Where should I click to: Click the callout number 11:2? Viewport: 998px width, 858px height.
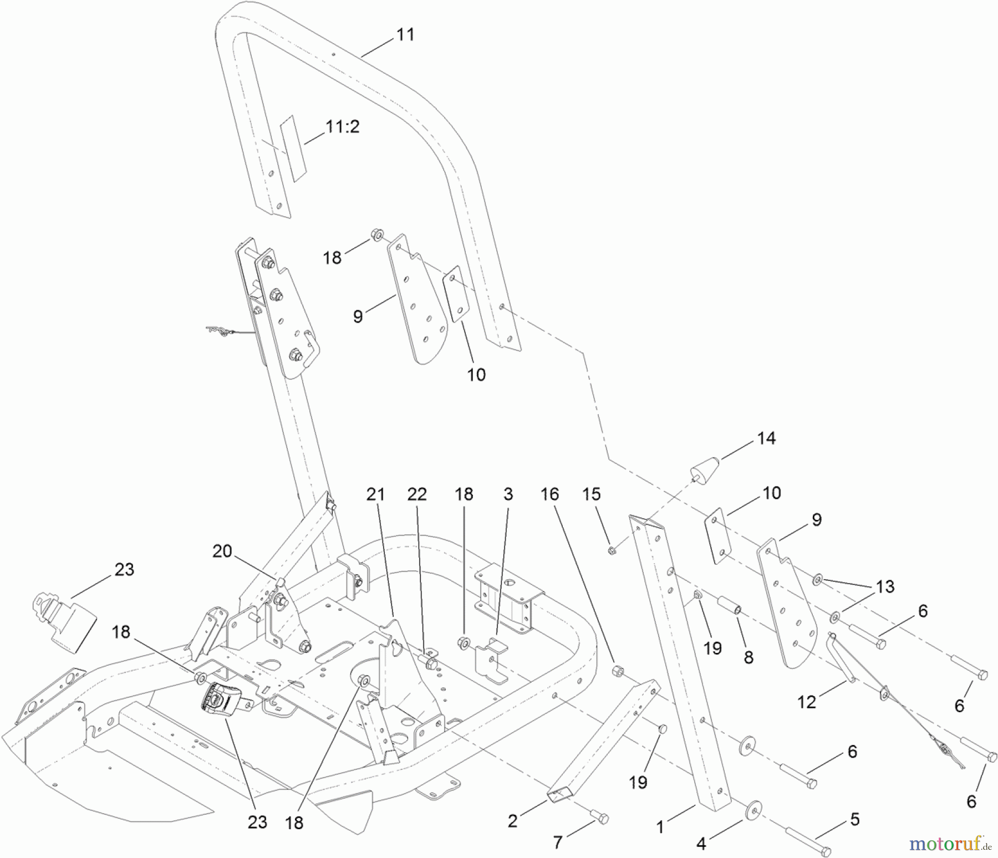[342, 126]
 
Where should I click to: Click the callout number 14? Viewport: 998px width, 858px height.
[766, 438]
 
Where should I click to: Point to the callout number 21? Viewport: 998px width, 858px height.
[375, 494]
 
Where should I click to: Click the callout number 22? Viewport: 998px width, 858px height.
[417, 494]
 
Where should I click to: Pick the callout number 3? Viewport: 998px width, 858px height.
[508, 494]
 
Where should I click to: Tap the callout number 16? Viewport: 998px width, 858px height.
[549, 494]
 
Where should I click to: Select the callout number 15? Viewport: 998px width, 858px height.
[591, 494]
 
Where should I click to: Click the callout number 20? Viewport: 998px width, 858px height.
[222, 551]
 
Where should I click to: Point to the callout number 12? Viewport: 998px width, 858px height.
[807, 702]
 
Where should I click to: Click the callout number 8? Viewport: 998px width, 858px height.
[748, 657]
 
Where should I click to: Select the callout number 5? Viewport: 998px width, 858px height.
[854, 819]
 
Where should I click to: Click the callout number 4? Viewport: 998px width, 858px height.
[701, 844]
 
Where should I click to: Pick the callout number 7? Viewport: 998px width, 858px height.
[558, 842]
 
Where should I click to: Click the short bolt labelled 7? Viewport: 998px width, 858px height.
[599, 816]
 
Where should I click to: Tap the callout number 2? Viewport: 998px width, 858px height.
[512, 821]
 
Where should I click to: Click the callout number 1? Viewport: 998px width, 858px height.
[660, 827]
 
